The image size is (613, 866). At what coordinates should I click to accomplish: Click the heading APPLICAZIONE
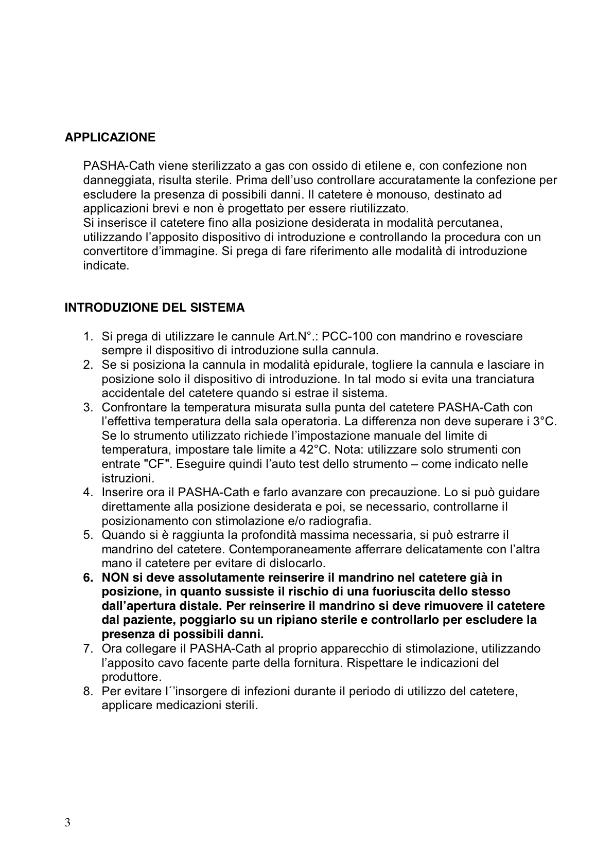point(110,138)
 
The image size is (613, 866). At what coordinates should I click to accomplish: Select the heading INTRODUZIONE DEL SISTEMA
point(154,308)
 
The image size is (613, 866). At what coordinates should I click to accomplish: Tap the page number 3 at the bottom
point(67,822)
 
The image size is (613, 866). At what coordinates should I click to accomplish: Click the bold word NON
point(115,578)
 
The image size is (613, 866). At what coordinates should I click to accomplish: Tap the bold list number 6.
point(88,578)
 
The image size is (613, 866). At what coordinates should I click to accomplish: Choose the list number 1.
point(88,337)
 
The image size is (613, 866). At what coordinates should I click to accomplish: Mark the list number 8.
point(88,691)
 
